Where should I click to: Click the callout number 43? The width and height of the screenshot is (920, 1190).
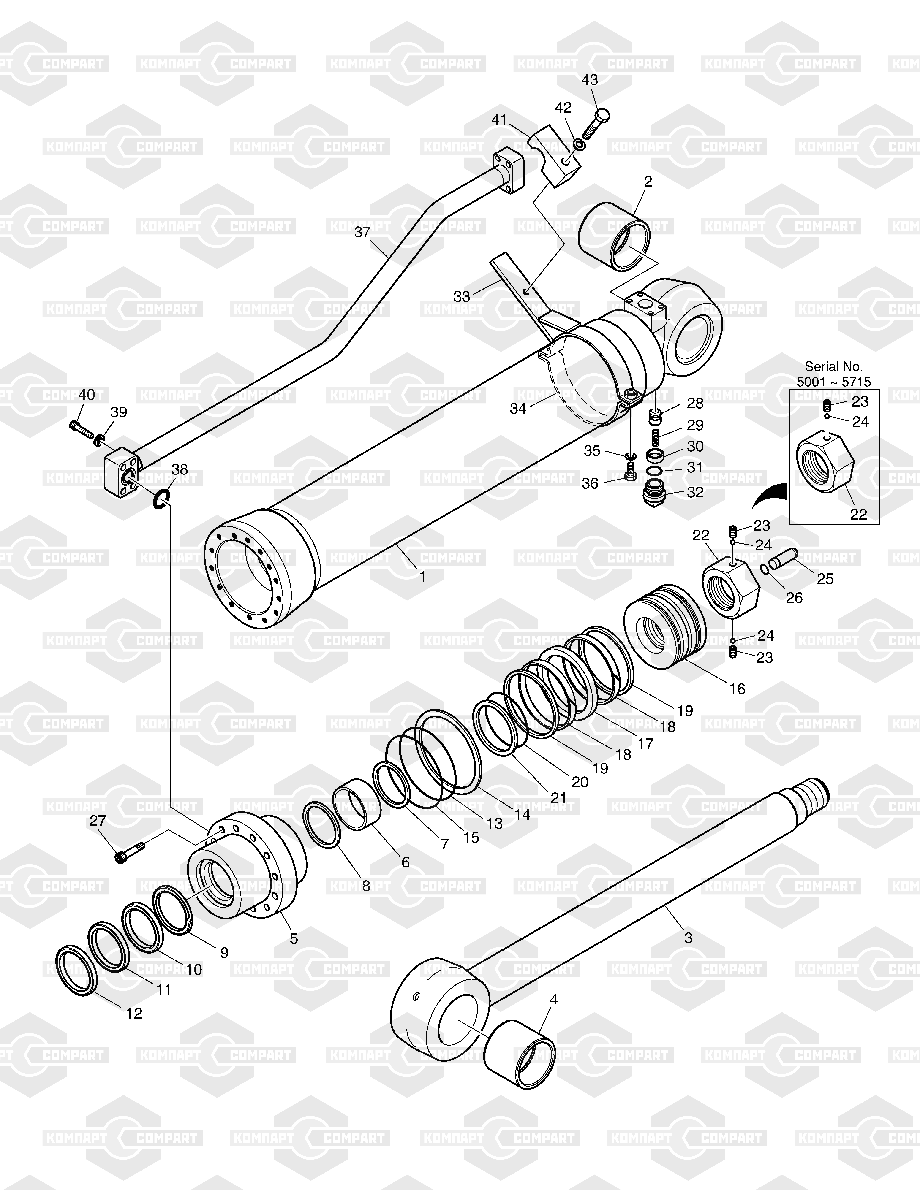point(590,80)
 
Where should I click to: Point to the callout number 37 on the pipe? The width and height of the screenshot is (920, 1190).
point(362,232)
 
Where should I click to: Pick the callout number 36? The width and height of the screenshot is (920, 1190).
point(590,483)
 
